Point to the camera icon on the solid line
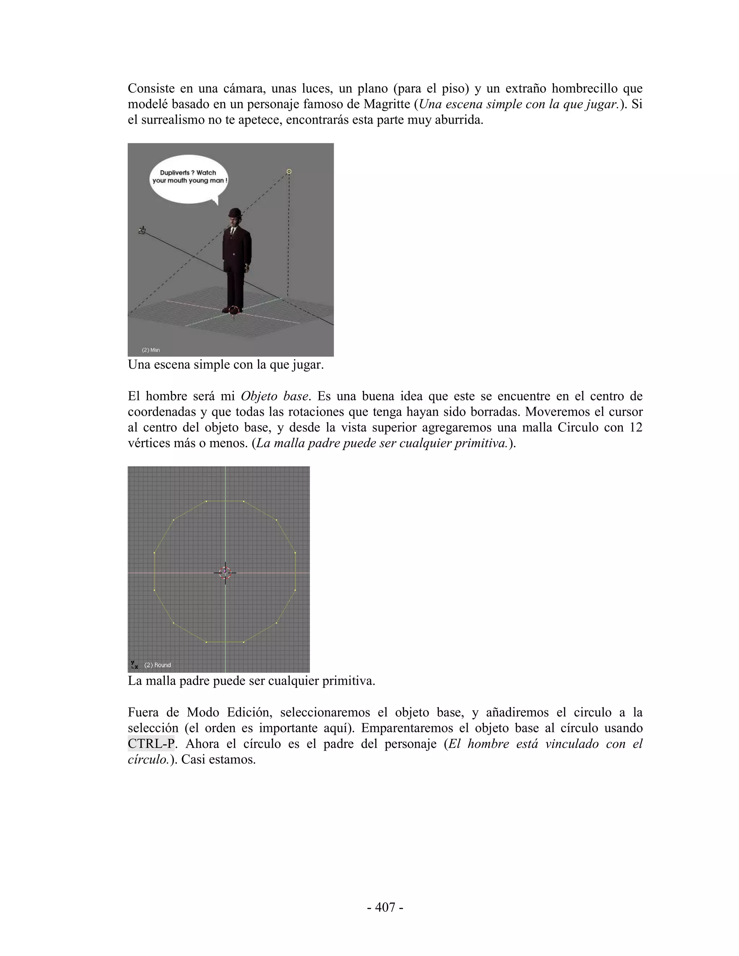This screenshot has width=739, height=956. click(142, 230)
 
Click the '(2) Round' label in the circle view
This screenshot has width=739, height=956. click(158, 665)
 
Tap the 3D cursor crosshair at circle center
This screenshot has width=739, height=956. click(225, 573)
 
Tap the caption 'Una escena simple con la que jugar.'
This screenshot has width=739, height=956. click(226, 364)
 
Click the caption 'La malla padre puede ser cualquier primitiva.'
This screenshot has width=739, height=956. click(251, 681)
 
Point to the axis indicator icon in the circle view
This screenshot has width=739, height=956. click(134, 665)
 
